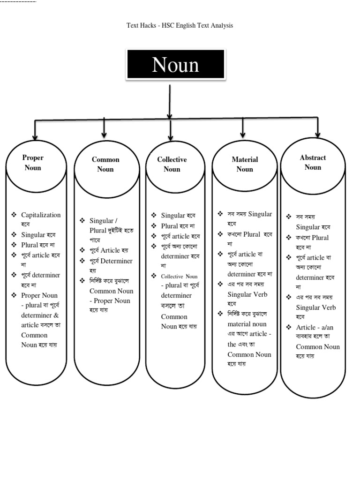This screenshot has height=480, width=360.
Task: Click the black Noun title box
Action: pos(175,64)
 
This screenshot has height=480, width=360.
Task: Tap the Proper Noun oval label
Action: pos(33,163)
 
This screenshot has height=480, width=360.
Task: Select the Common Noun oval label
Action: pos(105,164)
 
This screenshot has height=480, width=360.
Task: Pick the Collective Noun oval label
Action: pos(172,164)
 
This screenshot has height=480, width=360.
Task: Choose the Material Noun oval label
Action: pos(245,164)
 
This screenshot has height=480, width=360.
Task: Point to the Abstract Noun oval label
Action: pos(313,162)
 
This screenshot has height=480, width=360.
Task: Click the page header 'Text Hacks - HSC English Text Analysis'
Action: pos(180,25)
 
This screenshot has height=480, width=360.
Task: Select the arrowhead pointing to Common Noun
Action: pos(104,134)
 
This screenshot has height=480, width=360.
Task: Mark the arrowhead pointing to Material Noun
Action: pos(243,134)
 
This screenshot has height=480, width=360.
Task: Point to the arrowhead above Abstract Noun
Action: pos(318,134)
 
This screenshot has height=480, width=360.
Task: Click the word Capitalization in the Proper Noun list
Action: pos(41,215)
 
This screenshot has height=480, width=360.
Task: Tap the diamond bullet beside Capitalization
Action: pos(14,215)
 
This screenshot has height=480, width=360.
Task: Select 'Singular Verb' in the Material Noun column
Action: pos(247,294)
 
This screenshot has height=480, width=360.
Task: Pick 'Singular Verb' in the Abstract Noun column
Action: pos(316,307)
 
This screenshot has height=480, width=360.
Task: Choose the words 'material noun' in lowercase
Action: pos(247,324)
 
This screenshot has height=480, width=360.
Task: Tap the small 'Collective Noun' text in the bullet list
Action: pos(180,277)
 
